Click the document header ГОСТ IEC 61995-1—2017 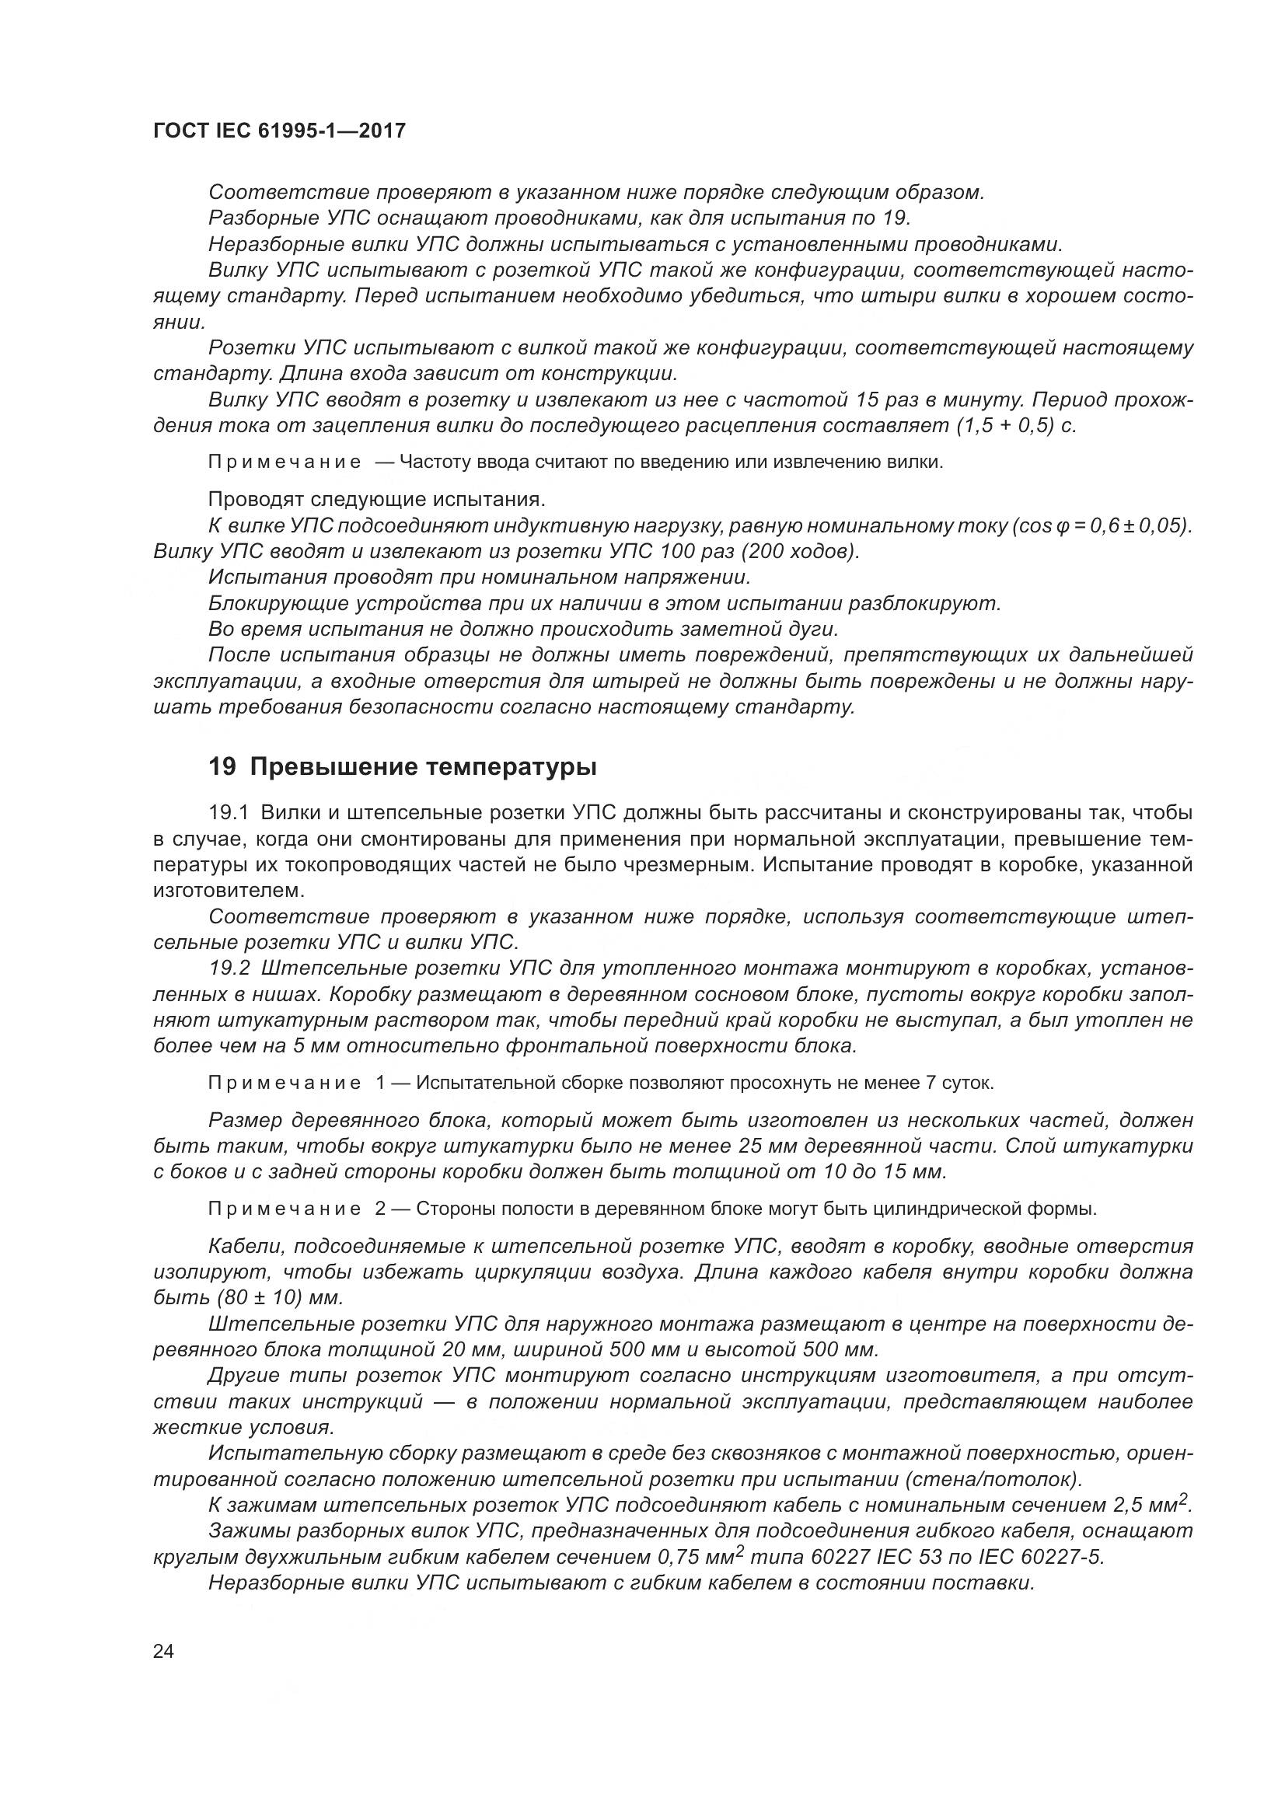pyautogui.click(x=279, y=131)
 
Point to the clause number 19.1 pyautogui.click(x=229, y=812)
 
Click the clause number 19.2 pyautogui.click(x=229, y=968)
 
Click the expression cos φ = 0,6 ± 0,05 pyautogui.click(x=1099, y=525)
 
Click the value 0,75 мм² pyautogui.click(x=700, y=1557)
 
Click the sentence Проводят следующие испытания pyautogui.click(x=376, y=500)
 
